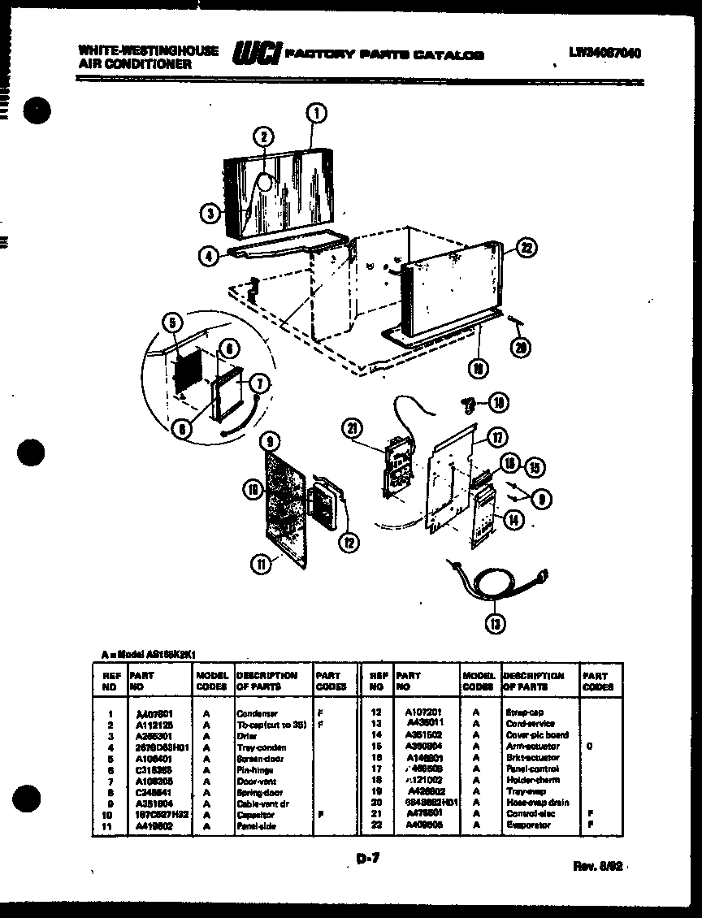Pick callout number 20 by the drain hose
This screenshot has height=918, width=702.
(519, 347)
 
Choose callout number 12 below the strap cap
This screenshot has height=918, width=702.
(349, 542)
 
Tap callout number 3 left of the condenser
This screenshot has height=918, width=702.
(210, 213)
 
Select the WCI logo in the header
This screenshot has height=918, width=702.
(258, 54)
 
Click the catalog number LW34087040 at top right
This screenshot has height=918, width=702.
(605, 53)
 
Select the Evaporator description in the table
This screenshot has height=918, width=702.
(527, 825)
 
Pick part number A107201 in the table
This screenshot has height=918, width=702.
(425, 712)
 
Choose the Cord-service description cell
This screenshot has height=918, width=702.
(530, 723)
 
